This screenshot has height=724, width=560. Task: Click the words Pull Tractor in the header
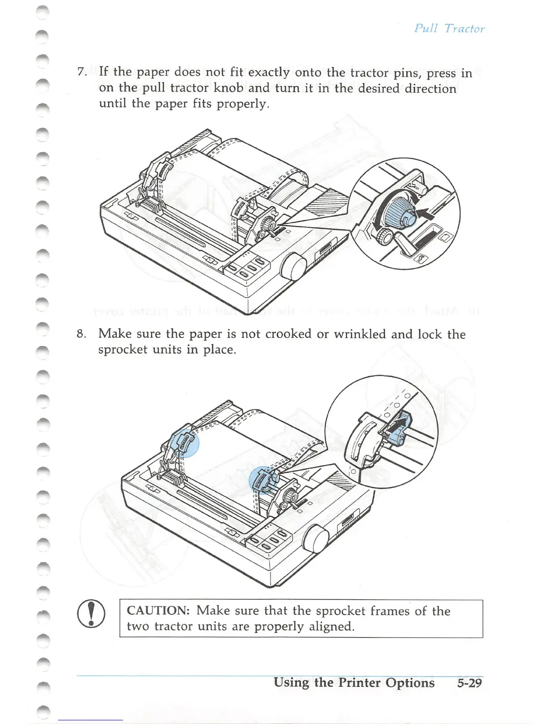click(449, 28)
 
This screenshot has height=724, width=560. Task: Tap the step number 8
click(81, 334)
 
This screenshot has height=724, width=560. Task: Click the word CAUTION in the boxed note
click(158, 611)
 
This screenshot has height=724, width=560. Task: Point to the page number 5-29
click(469, 683)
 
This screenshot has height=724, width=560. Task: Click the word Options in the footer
click(410, 683)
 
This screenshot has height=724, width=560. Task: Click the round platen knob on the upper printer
click(293, 268)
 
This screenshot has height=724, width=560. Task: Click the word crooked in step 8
click(288, 334)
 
